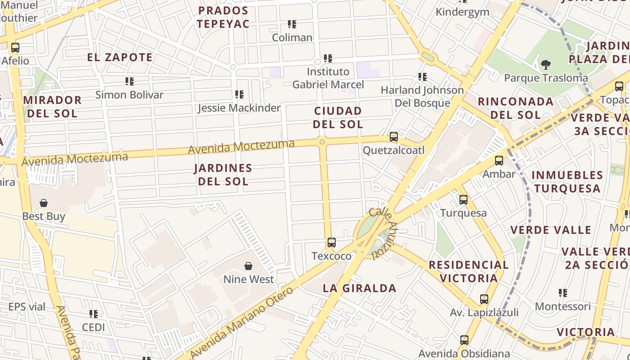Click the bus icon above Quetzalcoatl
point(394,137)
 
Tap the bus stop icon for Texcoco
point(332,243)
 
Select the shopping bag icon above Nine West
point(248,266)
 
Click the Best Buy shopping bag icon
point(44,203)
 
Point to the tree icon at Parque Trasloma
point(546,65)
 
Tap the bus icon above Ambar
point(499,161)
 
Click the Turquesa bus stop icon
point(463,200)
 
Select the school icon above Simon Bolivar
point(130,81)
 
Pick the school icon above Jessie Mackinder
point(239,94)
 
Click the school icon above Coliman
point(292,24)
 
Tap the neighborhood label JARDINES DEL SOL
point(223,175)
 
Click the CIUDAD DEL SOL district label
point(338,117)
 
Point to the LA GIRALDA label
point(360,288)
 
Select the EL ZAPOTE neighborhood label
point(120,57)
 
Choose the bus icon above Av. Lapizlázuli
point(484,299)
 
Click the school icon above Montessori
point(562,293)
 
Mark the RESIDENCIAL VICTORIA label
point(469,271)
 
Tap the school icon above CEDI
point(94,314)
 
